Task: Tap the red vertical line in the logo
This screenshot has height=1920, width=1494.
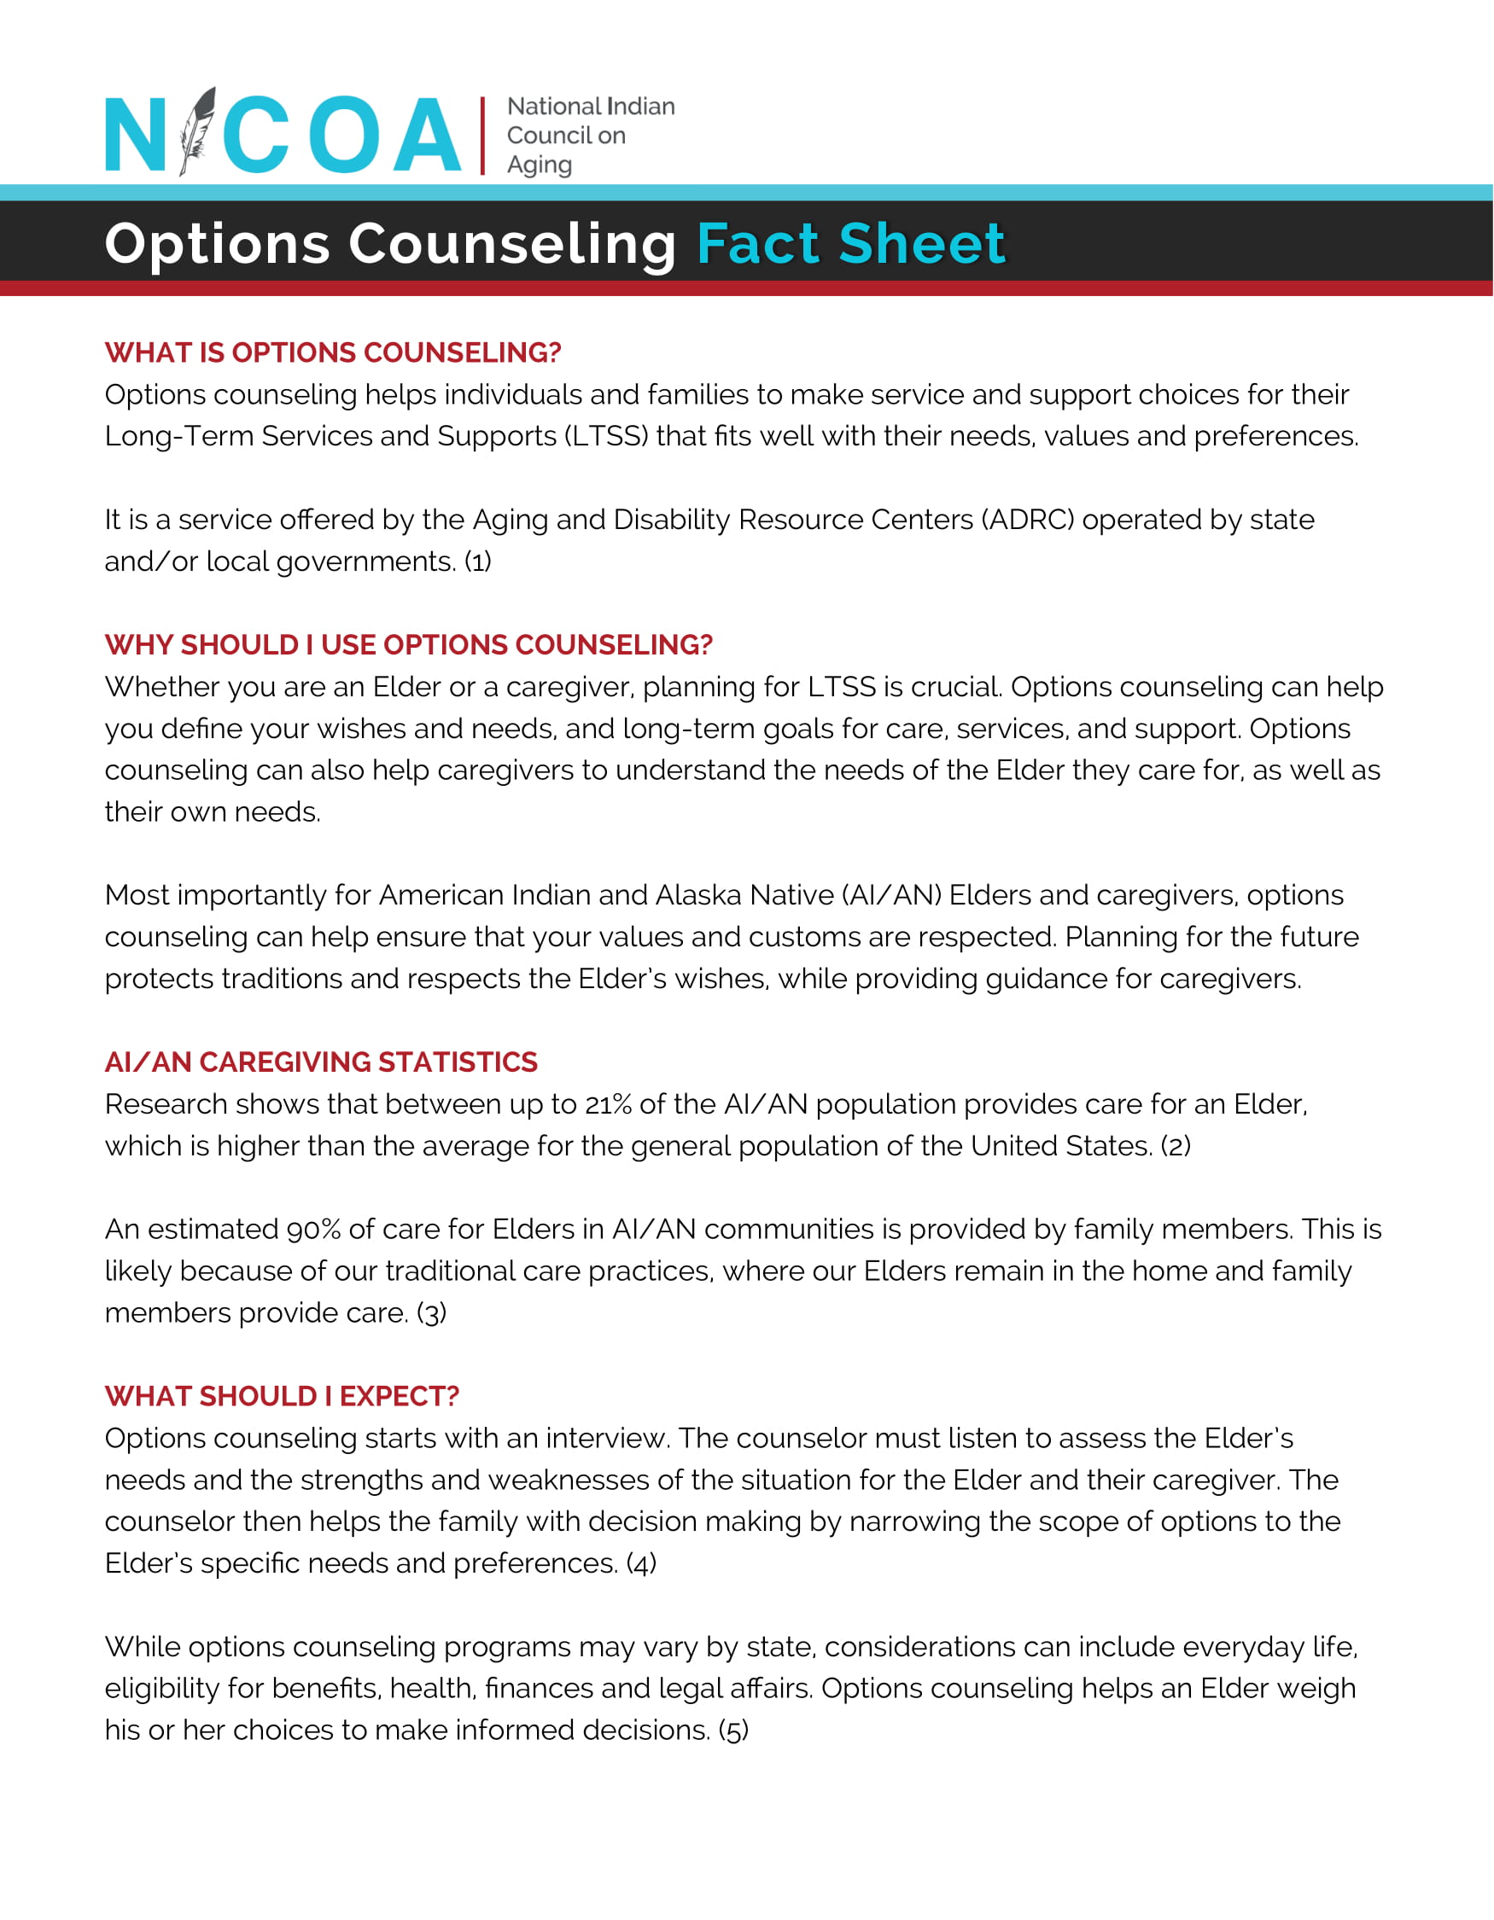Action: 482,136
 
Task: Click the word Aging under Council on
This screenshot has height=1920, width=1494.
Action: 539,166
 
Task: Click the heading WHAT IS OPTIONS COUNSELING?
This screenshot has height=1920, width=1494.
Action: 332,352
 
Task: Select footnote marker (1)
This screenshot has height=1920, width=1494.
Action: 477,561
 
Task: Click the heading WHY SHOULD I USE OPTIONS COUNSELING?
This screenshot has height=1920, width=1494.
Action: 408,644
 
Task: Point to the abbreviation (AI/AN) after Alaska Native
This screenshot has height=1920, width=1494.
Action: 890,895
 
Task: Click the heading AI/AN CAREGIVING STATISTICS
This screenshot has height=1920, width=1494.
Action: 321,1062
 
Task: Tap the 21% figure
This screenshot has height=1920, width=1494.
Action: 608,1104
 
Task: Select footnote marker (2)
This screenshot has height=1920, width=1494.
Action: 1176,1146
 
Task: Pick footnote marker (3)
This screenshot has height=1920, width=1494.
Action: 431,1313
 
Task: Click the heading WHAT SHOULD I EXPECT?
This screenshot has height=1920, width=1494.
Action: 282,1396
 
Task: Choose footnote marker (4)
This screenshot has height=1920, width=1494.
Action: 641,1564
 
